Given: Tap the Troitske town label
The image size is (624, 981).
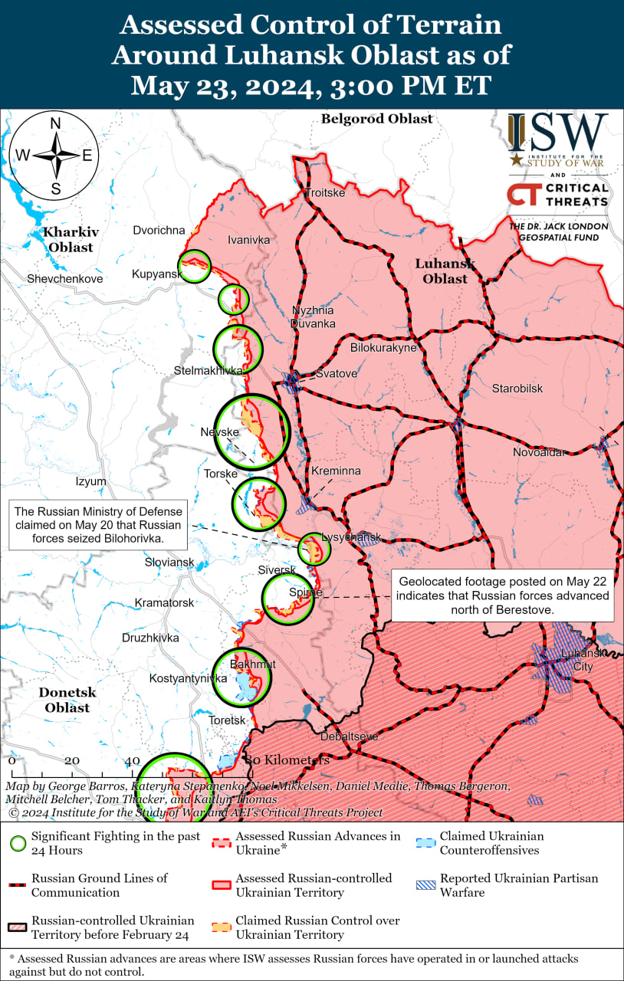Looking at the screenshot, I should point(325,193).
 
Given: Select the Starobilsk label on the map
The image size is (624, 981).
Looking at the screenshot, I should point(517,389).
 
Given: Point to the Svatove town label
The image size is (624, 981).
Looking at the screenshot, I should point(337,374).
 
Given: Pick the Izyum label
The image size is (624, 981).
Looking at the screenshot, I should point(91,481).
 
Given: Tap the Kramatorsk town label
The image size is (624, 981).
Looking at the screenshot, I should point(164,603).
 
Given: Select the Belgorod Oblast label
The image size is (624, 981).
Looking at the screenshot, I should point(376,119).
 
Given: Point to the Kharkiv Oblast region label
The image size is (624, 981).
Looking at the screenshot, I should point(68,239).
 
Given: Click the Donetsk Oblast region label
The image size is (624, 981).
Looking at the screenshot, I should point(67,700).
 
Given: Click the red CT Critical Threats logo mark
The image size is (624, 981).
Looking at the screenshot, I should point(521,194).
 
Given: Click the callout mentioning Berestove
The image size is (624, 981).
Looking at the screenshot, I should point(503,595).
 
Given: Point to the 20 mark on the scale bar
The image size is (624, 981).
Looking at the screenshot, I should point(72,761).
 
